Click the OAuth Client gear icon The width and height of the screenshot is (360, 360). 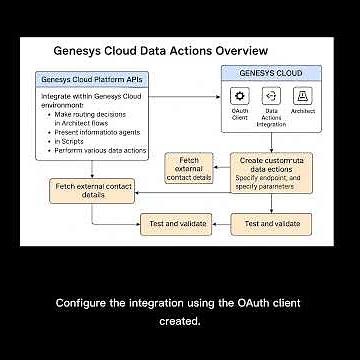click(240, 96)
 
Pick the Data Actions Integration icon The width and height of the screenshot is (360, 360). click(270, 96)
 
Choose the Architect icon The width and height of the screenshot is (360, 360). click(302, 96)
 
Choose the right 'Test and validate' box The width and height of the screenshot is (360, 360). click(273, 223)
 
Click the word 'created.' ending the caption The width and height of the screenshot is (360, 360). click(179, 321)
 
